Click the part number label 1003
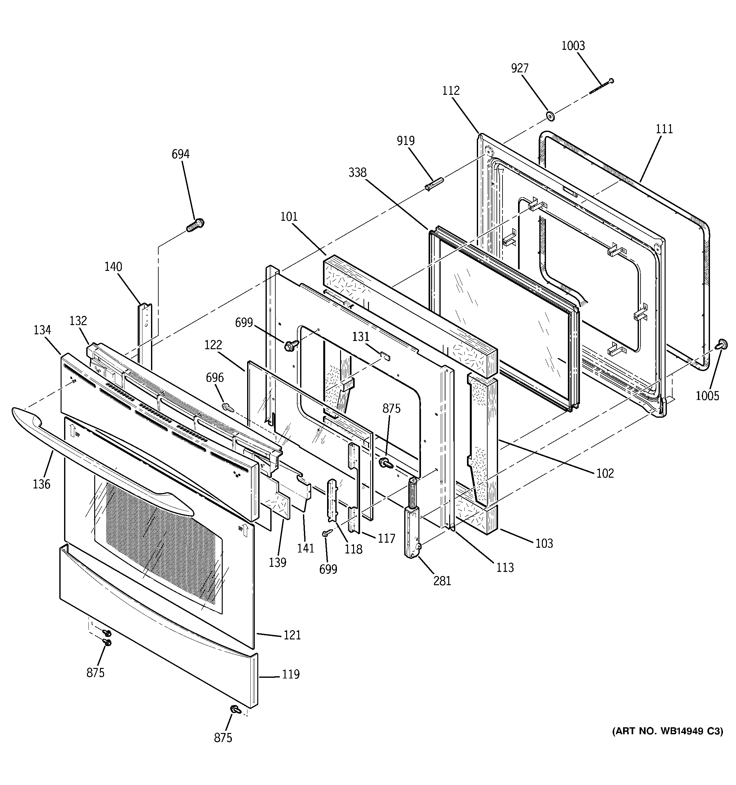click(x=573, y=46)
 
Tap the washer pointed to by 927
click(x=549, y=116)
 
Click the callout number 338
click(x=357, y=173)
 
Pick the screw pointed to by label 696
click(x=227, y=406)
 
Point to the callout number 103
click(x=544, y=543)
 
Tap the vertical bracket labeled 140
click(x=145, y=328)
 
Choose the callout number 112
click(x=451, y=91)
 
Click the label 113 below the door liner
click(x=504, y=567)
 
